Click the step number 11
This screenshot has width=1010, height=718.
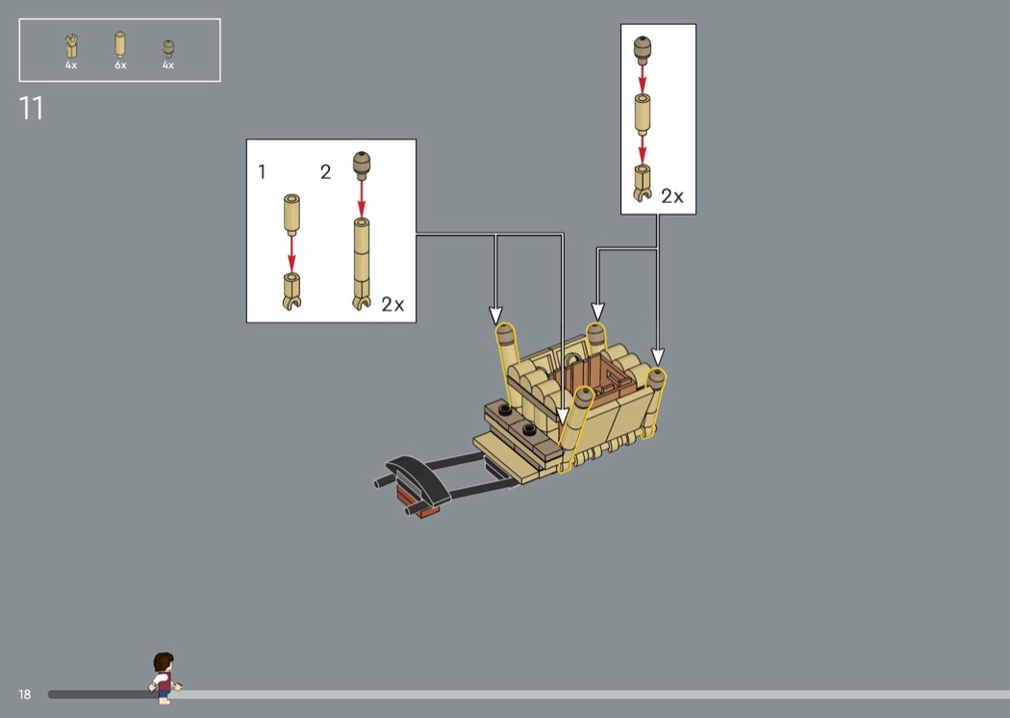31,109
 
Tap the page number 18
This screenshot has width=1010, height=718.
24,694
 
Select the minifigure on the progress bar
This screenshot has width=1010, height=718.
164,674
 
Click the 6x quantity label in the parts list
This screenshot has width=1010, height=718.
120,65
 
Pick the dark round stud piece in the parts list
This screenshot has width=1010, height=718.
168,46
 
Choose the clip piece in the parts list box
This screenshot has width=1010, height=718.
71,44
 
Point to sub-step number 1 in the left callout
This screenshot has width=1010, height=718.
262,172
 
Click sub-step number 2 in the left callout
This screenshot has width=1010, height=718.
325,172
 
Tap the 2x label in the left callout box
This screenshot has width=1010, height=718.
392,304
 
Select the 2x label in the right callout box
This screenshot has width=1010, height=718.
671,196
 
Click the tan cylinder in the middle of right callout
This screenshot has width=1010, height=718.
643,112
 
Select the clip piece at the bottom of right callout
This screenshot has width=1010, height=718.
643,181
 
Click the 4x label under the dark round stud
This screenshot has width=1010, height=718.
168,65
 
